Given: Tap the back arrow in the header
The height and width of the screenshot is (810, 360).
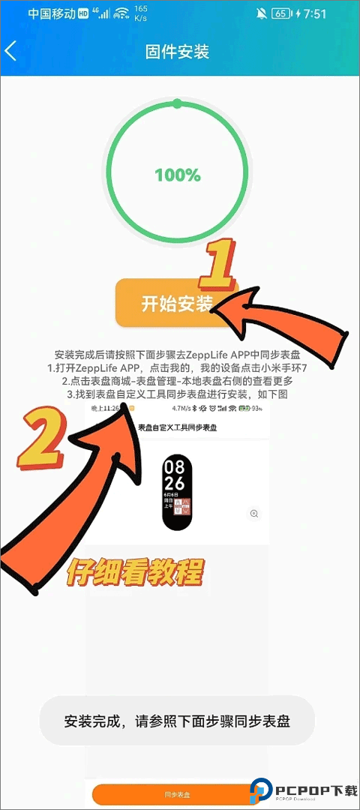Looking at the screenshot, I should click(10, 51).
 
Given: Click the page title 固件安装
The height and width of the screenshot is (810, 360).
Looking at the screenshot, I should click(177, 51).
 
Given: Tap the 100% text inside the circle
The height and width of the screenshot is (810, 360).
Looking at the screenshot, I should click(178, 175).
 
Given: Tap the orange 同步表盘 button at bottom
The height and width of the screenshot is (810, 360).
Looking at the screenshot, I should click(177, 793).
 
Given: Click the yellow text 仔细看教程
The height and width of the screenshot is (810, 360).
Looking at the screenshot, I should click(135, 572).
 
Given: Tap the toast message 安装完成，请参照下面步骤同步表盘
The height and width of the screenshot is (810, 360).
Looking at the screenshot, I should click(177, 721).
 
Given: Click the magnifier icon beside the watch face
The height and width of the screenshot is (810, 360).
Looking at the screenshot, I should click(254, 514).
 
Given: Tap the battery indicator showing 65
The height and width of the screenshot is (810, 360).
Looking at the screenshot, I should click(281, 13).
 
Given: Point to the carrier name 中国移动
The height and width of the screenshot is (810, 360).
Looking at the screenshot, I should click(51, 13).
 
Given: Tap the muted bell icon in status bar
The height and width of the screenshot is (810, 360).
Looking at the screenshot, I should click(261, 13).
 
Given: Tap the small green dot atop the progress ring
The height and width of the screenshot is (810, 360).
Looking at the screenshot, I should click(177, 103).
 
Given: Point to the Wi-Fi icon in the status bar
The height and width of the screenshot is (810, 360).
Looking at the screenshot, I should click(120, 13).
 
